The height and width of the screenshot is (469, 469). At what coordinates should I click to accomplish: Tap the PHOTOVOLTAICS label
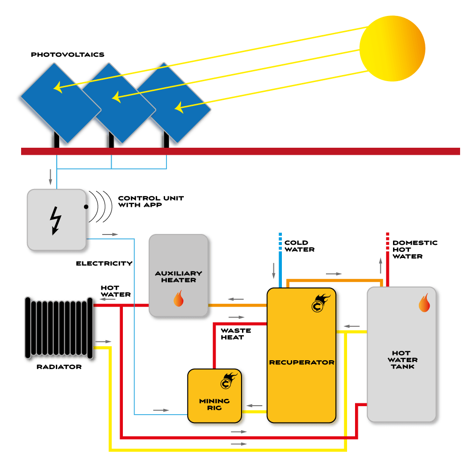coord(67,55)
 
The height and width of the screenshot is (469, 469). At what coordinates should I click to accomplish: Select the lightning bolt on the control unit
coord(55,220)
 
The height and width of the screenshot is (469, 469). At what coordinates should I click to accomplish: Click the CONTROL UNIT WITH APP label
coord(151,202)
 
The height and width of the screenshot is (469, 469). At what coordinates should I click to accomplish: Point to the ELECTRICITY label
coord(104,264)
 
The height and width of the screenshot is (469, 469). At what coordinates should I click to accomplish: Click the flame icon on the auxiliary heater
coord(178,298)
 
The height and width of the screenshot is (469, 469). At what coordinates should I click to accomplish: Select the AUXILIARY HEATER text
coord(179,277)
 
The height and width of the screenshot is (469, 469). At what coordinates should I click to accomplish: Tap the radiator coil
coord(59,328)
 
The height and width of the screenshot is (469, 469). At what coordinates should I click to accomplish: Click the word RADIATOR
coord(59,367)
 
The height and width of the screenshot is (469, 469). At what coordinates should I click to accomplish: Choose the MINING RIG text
coord(214,404)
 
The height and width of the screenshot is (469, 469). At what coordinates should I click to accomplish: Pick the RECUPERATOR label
coord(302,363)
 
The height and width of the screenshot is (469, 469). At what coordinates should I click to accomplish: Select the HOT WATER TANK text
coord(404,360)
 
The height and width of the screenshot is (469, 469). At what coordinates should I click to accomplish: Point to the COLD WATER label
coord(299,246)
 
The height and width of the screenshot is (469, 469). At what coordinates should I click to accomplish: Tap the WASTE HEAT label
coord(235,333)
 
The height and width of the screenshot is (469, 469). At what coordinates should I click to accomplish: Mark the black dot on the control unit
coord(86,207)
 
